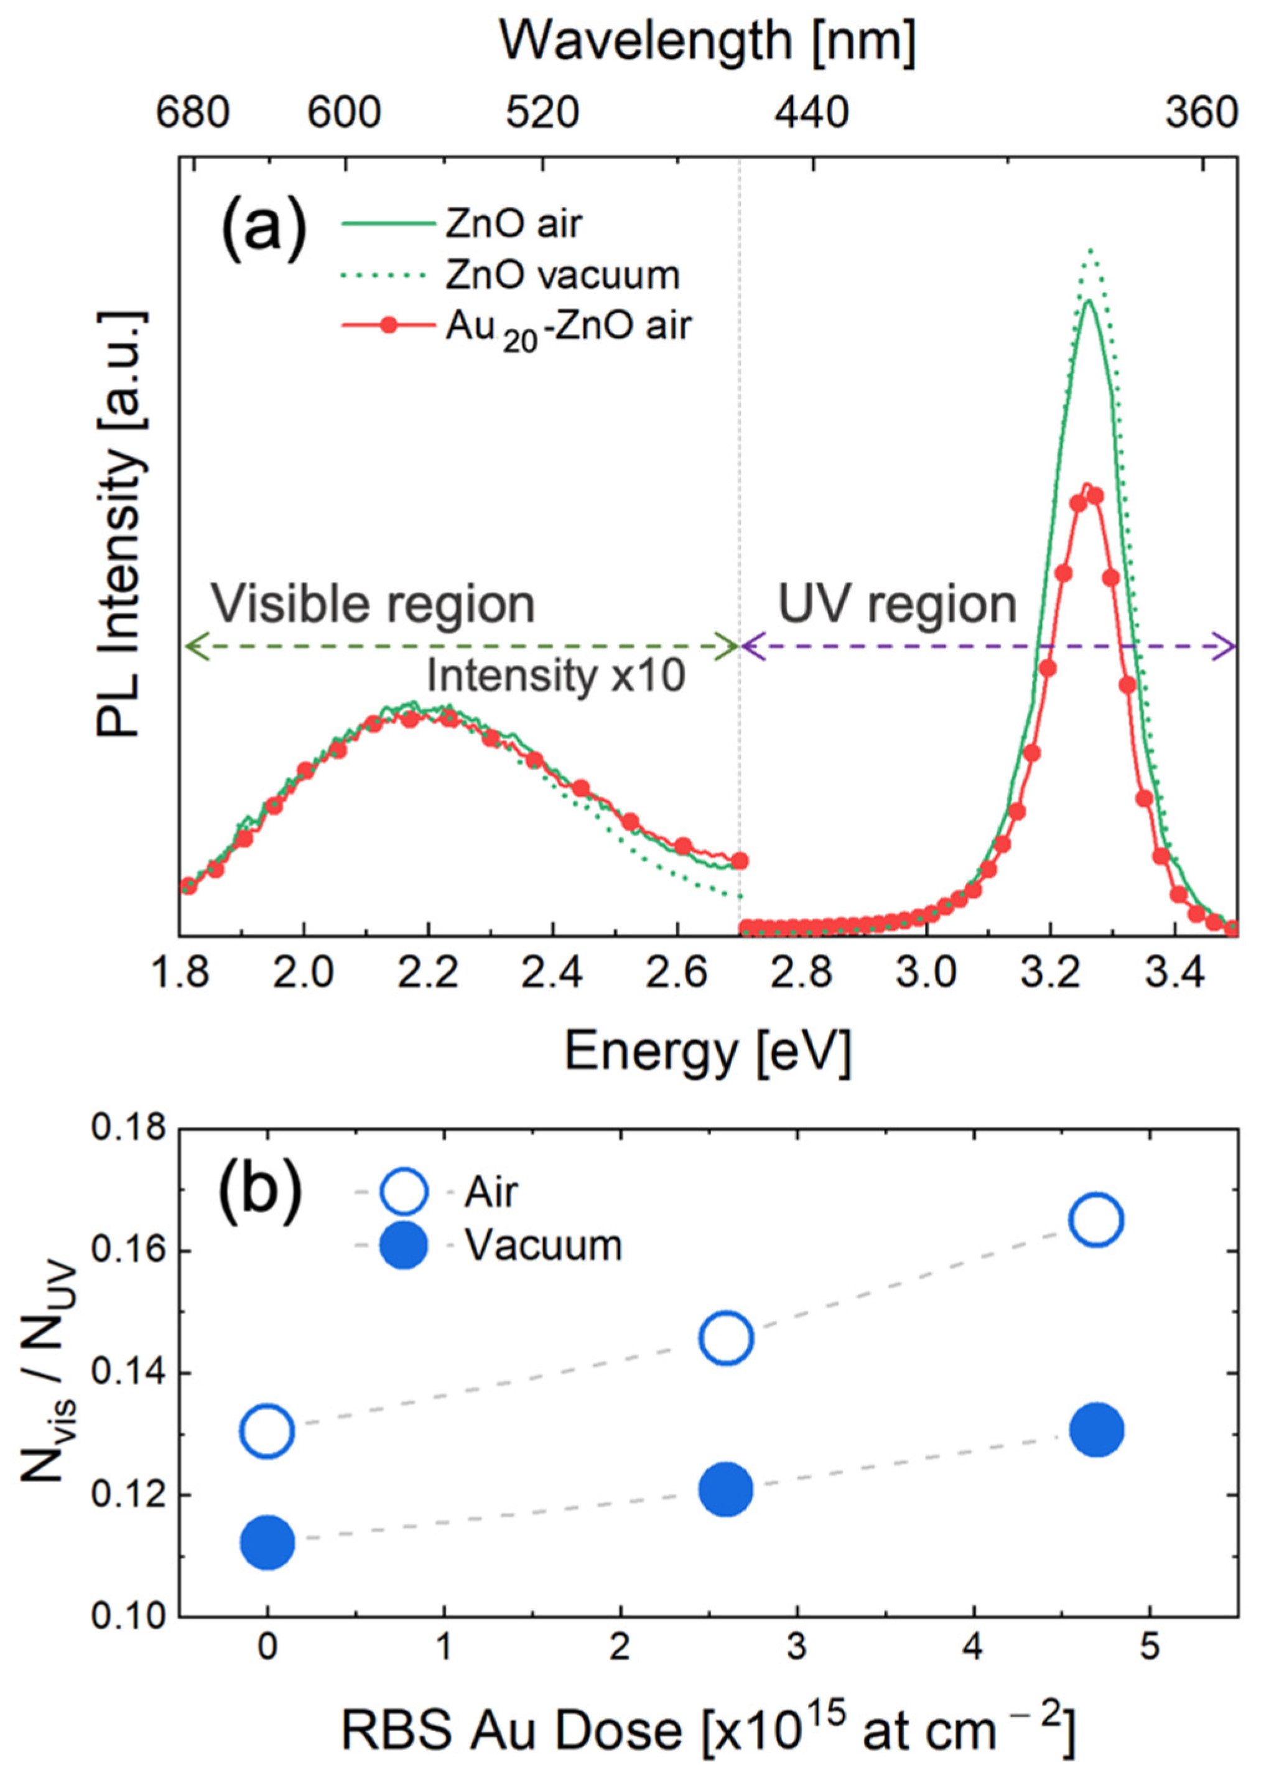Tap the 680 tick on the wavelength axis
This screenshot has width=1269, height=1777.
pos(192,114)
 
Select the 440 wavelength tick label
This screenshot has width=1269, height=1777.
pos(811,114)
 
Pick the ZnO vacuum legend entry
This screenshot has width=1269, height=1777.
pos(562,275)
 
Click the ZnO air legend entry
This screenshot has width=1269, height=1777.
pos(513,224)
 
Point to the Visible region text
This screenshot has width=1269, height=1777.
pos(373,604)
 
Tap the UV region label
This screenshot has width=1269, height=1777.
pos(898,604)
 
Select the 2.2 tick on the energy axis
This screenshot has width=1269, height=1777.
pos(428,973)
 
